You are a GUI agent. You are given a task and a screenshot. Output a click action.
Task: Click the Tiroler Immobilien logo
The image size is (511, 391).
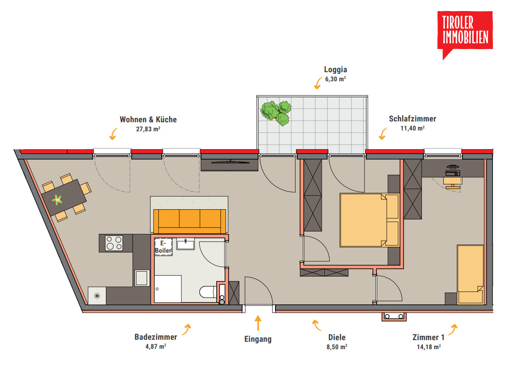(x=465, y=33)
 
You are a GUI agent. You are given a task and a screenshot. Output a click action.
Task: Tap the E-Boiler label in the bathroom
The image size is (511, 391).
(x=163, y=247)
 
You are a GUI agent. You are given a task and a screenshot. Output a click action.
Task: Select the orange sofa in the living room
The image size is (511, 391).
(x=190, y=221)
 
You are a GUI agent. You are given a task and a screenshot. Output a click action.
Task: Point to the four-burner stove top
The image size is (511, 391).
(x=114, y=243)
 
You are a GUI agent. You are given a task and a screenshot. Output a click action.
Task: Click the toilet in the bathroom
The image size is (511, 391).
(x=208, y=292)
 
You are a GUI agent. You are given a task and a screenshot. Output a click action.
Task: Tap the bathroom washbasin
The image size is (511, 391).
(x=186, y=244)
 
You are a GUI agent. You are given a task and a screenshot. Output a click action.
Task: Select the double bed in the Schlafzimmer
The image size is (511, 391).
(x=369, y=220)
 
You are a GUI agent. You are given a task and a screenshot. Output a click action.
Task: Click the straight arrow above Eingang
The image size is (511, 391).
(x=258, y=323)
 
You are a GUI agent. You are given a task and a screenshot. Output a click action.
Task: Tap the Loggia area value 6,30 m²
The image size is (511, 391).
(x=336, y=79)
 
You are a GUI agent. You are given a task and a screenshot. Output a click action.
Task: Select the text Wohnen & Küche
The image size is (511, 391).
(x=148, y=120)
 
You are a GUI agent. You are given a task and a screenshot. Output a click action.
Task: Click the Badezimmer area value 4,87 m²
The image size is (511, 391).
(x=156, y=347)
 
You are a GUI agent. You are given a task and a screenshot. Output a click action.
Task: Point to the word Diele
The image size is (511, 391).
(x=337, y=337)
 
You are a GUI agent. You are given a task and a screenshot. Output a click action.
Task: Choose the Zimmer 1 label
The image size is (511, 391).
(x=429, y=337)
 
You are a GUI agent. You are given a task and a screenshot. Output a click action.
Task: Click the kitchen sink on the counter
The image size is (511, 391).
(x=142, y=278)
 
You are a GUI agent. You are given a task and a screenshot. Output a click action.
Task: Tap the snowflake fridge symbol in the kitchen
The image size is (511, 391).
(x=97, y=296)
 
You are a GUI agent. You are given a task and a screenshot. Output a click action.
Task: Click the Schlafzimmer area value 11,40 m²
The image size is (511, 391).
(x=412, y=128)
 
